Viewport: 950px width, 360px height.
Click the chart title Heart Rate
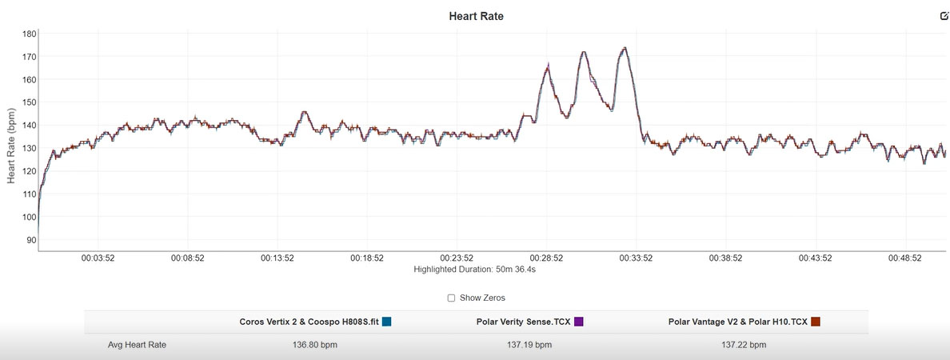476,16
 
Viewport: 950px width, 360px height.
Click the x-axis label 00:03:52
98,258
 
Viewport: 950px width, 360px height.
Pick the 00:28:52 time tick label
546,258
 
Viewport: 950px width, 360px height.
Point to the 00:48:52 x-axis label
905,258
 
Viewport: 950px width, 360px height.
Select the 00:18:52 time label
367,258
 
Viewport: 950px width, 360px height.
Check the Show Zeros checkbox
451,298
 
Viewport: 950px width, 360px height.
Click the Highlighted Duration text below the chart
474,269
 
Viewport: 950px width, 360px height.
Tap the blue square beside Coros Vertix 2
386,322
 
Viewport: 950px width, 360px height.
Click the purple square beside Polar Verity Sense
579,322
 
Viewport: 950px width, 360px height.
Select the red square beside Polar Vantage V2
816,322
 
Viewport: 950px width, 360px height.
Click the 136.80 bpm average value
314,346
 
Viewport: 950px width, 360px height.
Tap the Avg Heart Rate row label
137,346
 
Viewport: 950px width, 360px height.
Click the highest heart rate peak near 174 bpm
624,48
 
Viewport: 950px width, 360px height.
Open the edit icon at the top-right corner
944,16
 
